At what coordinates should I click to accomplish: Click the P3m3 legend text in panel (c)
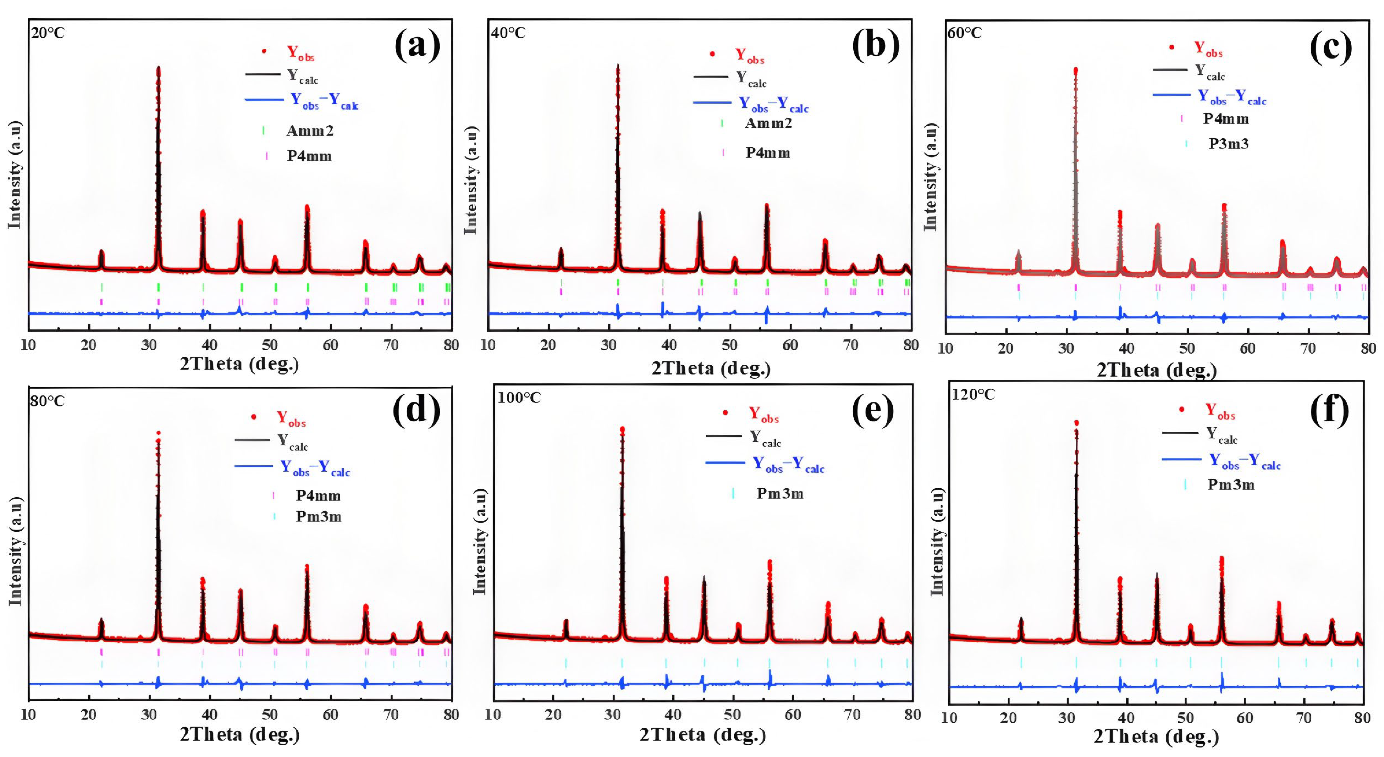click(1228, 144)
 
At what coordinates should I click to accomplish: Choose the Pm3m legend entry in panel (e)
click(780, 493)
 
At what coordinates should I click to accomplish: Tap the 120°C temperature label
click(973, 395)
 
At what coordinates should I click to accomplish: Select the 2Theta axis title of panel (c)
click(1156, 370)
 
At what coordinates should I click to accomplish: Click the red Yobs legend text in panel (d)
click(291, 418)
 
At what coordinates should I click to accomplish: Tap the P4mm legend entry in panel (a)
click(309, 156)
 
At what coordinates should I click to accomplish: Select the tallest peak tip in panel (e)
click(622, 429)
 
